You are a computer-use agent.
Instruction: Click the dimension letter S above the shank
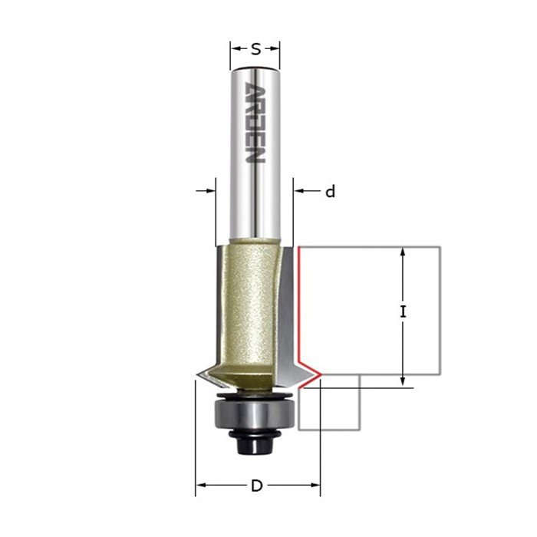(255, 50)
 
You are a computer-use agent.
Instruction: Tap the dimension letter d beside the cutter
(330, 192)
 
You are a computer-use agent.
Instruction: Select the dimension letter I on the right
(403, 312)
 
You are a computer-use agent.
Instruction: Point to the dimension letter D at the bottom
(257, 486)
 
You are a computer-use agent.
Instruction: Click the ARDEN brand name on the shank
(255, 124)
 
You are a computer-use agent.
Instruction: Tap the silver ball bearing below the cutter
(254, 414)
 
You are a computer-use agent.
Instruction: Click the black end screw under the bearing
(255, 444)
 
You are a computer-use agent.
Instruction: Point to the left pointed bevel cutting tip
(198, 375)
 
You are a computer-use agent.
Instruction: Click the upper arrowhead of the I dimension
(403, 252)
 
